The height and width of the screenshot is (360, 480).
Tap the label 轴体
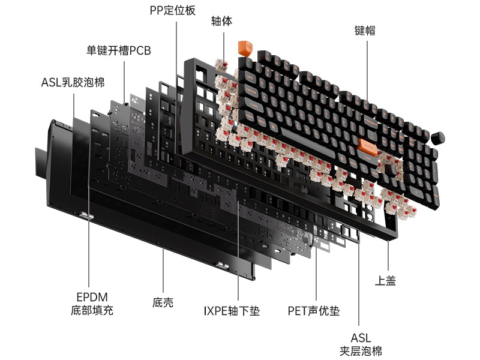click(x=221, y=22)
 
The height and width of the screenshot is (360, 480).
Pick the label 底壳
click(x=163, y=303)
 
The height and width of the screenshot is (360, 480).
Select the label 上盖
click(x=386, y=280)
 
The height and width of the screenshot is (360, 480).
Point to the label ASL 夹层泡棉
click(x=361, y=344)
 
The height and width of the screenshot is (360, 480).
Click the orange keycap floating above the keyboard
click(x=245, y=47)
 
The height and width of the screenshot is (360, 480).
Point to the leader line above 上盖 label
click(x=388, y=255)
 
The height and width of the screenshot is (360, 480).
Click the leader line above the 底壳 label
click(x=163, y=270)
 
